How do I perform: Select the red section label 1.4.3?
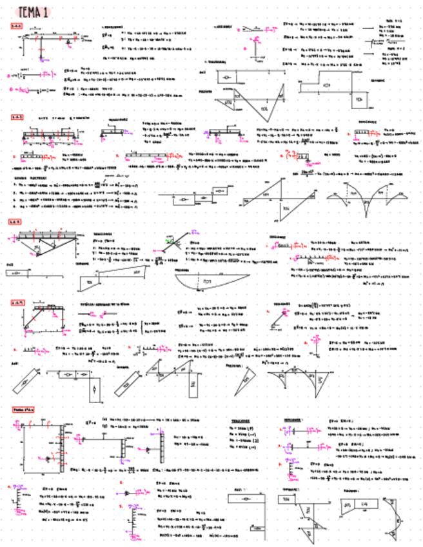coord(17,117)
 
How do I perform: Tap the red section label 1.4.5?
coord(16,222)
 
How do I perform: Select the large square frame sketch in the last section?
coord(43,454)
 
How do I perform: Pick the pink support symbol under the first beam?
coord(68,46)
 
